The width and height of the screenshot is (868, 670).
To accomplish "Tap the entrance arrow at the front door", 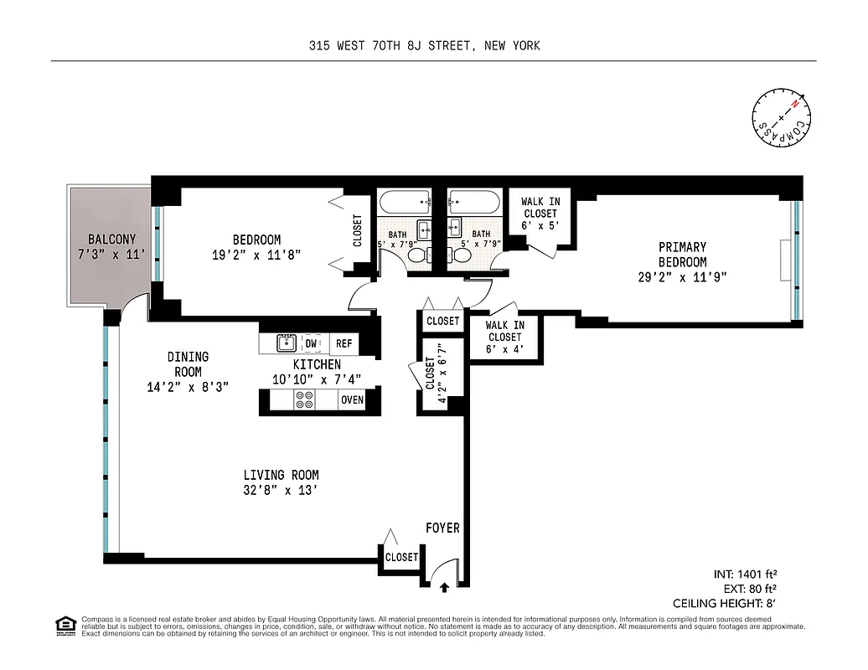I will click(443, 587).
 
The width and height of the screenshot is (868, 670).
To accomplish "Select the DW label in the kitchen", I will click(311, 343).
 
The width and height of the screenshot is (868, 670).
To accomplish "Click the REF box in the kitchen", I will click(344, 343).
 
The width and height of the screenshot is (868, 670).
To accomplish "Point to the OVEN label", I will click(352, 400).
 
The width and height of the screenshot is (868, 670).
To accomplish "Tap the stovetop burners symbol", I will click(303, 400).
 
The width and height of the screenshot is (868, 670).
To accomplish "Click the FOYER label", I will click(442, 528).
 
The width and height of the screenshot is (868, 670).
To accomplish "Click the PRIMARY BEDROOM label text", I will click(681, 255).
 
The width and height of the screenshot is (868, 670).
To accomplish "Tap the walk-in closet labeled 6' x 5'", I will click(540, 214).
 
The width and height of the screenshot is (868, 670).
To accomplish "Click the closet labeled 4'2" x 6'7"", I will click(437, 381).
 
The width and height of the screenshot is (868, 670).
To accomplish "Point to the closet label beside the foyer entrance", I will click(401, 557).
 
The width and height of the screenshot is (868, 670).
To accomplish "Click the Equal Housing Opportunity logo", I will click(64, 625).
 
